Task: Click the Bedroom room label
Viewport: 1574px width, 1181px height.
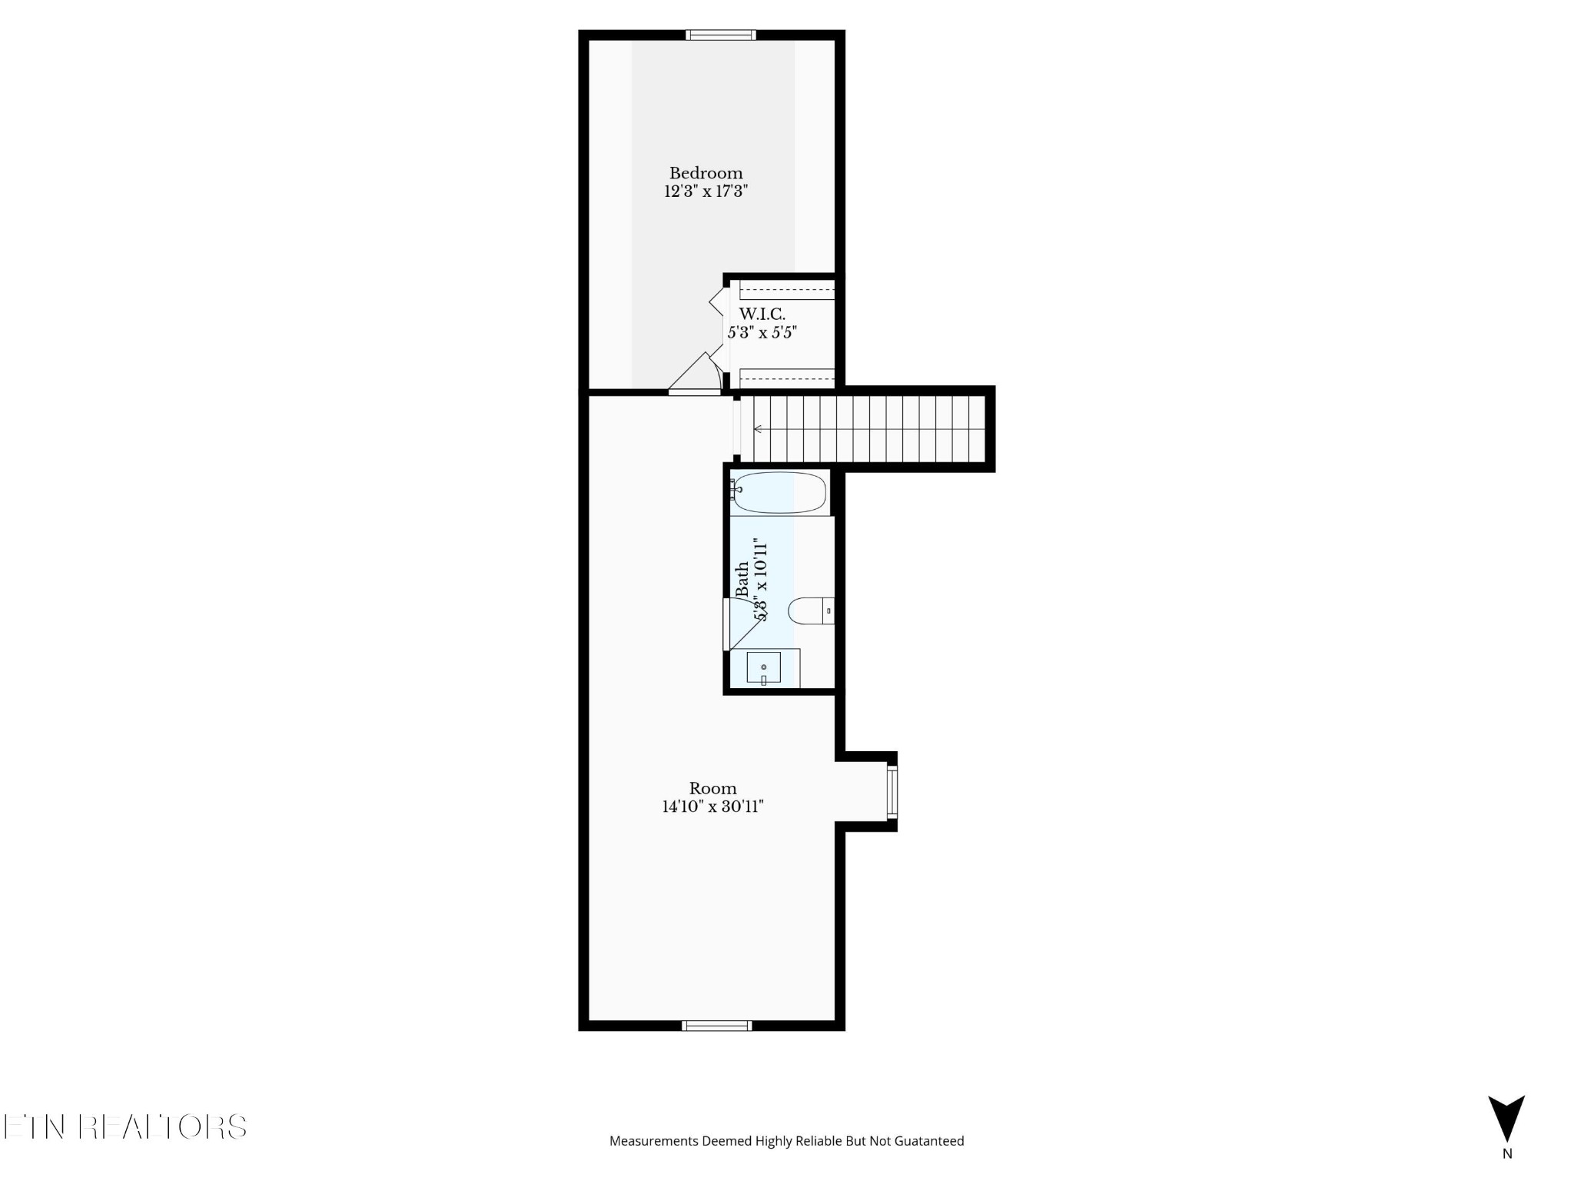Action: pos(706,173)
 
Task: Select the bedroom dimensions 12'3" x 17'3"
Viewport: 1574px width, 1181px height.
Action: pos(706,191)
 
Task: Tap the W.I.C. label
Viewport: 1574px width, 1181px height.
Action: pos(762,314)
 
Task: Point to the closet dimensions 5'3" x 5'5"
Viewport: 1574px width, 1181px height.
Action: pos(762,333)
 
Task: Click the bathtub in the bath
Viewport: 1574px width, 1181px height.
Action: pos(779,492)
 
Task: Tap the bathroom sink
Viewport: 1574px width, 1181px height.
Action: pos(763,667)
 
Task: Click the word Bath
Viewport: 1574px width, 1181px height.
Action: pos(742,579)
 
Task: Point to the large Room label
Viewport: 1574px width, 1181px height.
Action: pos(712,788)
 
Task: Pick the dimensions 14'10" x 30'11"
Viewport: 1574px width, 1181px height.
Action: pos(712,807)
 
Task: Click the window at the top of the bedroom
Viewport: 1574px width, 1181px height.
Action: pos(720,35)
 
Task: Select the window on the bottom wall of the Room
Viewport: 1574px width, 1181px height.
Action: pos(716,1025)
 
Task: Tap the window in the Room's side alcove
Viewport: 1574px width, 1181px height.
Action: pos(892,791)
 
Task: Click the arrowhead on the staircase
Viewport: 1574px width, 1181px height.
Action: pos(758,429)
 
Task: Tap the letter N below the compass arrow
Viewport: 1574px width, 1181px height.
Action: pos(1507,1153)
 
